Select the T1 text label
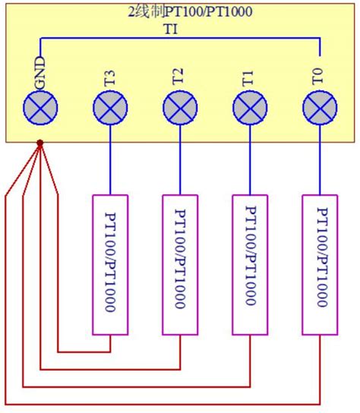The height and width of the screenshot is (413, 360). click(249, 77)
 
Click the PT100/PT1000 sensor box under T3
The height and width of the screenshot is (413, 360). click(110, 264)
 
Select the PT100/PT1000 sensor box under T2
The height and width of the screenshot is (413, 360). click(180, 264)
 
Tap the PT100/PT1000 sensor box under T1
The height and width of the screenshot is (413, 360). click(249, 264)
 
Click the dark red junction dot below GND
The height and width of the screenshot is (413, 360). click(39, 142)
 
